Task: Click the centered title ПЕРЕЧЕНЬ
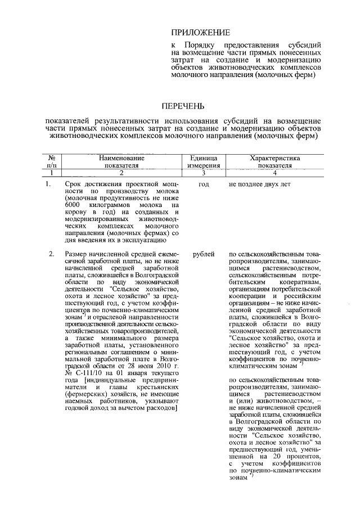[x=183, y=106]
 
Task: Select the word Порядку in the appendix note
[x=202, y=44]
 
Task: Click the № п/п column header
[x=52, y=163]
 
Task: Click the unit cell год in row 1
[x=203, y=184]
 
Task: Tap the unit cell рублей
[x=203, y=255]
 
